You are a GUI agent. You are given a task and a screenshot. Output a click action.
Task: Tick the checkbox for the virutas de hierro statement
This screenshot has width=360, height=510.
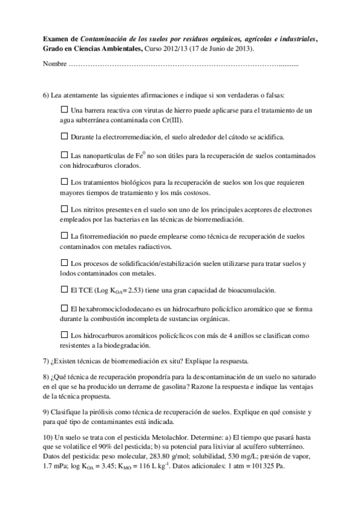pos(65,109)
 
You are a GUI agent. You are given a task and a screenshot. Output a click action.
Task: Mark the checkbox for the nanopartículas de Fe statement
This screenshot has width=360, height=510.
pos(65,155)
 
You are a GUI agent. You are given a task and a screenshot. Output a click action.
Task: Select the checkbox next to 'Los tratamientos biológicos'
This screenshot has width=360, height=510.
pos(65,181)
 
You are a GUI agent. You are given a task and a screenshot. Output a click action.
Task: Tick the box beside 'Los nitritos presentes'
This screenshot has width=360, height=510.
pos(65,209)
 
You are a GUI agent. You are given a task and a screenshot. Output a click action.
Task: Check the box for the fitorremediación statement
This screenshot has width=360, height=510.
pos(65,236)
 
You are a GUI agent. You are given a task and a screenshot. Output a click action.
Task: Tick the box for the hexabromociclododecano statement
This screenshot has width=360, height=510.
pos(65,308)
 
